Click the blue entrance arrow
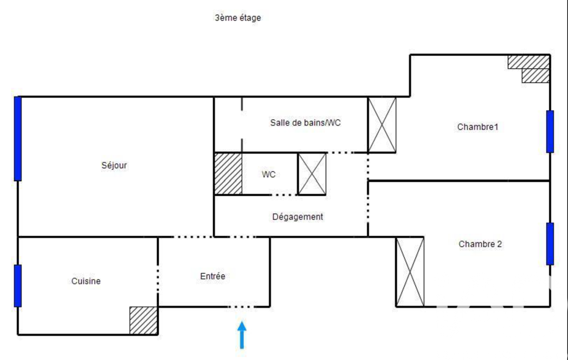[x=242, y=335]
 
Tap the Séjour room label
[x=114, y=166]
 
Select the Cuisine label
[x=86, y=281]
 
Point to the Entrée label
[x=213, y=276]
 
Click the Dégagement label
[x=298, y=217]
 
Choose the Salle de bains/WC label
[x=305, y=123]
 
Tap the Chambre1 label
[x=478, y=127]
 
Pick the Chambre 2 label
[x=480, y=244]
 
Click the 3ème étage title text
[x=238, y=18]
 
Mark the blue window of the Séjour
[x=18, y=138]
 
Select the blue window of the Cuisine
[x=18, y=286]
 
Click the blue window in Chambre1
[x=550, y=131]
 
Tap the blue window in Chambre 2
[x=550, y=244]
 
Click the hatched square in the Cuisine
[x=144, y=321]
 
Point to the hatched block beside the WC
[x=228, y=174]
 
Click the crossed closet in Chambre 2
[x=410, y=272]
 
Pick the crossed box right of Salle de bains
[x=382, y=125]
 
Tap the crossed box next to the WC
[x=312, y=174]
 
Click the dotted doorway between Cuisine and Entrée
[x=158, y=279]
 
